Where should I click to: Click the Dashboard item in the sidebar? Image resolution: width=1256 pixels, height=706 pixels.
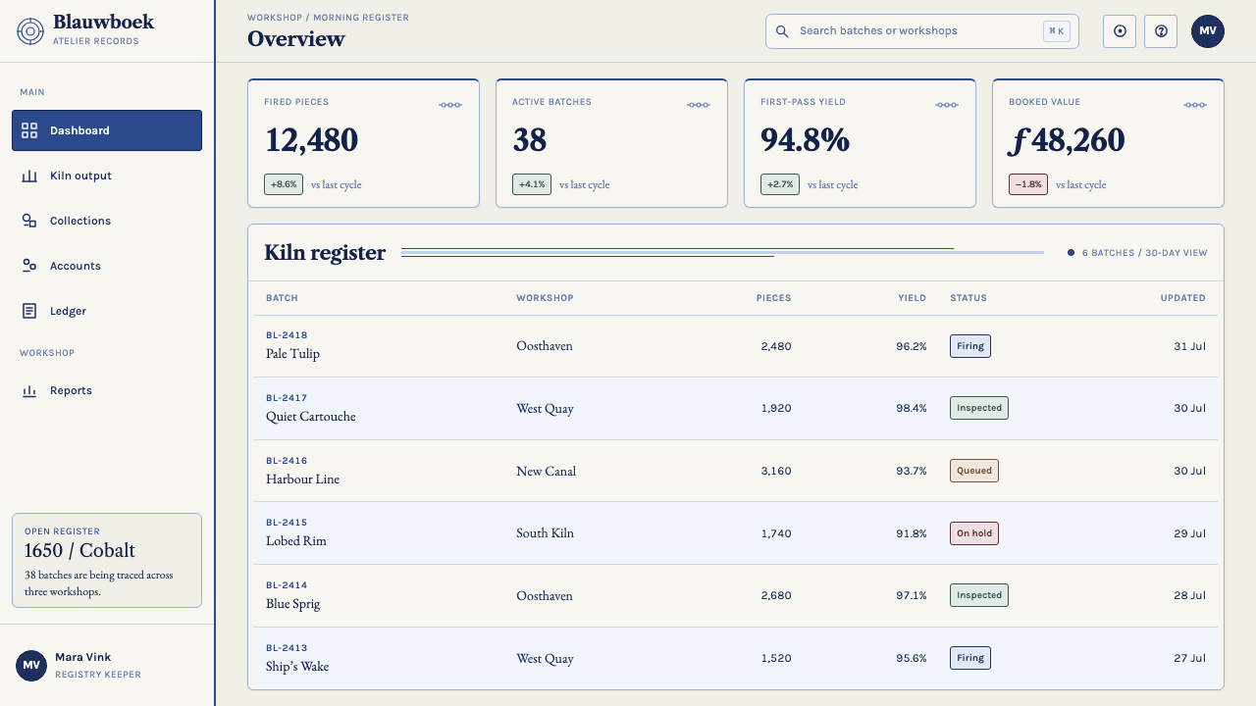coord(107,130)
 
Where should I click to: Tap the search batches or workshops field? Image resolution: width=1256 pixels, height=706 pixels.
coord(921,31)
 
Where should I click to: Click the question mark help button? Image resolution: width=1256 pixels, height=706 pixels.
coord(1161,31)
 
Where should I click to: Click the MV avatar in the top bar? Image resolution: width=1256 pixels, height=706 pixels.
coord(1208,31)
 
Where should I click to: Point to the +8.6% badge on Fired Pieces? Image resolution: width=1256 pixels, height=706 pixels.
coord(284,184)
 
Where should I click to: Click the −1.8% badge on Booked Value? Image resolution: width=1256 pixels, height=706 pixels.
coord(1028,184)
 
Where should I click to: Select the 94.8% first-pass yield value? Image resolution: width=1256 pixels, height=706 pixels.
coord(805,139)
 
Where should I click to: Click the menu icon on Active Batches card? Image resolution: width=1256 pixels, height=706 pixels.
coord(699,105)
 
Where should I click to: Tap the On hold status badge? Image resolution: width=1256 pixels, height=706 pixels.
coord(974,533)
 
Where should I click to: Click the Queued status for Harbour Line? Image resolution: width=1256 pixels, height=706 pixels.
coord(974,471)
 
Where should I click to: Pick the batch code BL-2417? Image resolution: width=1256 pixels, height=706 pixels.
coord(287,398)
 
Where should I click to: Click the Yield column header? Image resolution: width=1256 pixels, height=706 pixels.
coord(912,298)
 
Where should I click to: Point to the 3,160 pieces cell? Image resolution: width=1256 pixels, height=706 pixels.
coord(776,471)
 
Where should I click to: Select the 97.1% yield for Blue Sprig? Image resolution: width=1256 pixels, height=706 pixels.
coord(912,595)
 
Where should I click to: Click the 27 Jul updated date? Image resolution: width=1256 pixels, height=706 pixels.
coord(1189,658)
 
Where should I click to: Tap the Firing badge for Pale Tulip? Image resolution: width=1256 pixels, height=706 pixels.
coord(970,346)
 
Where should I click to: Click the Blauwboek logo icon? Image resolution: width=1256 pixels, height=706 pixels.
coord(30,31)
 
